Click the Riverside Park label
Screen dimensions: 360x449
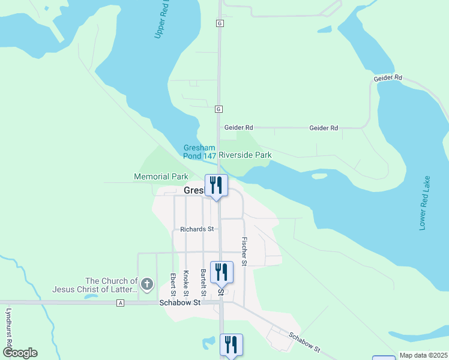click(245, 155)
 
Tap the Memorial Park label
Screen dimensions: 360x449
click(160, 177)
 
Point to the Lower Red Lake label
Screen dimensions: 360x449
click(425, 203)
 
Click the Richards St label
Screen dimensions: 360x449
click(197, 229)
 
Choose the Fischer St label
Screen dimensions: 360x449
click(244, 251)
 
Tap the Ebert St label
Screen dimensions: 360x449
click(173, 284)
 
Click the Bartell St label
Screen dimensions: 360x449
click(203, 283)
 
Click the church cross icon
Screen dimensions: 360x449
click(147, 282)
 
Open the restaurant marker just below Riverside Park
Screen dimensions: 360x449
click(216, 185)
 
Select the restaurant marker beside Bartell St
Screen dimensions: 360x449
click(221, 272)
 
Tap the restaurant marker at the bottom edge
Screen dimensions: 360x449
click(231, 345)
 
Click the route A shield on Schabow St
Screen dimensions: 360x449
click(121, 304)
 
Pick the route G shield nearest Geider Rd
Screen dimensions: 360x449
click(219, 109)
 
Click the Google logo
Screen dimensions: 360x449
click(20, 353)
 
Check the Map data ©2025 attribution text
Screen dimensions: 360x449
click(424, 355)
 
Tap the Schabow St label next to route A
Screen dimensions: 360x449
click(179, 304)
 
